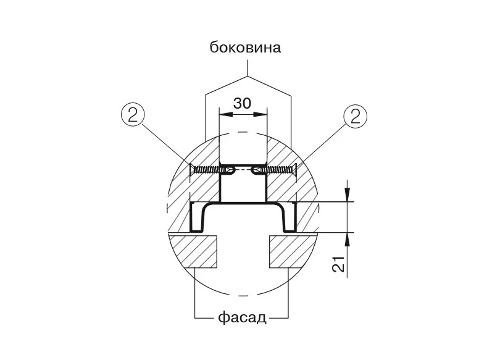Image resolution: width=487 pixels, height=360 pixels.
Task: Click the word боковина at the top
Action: pos(246,48)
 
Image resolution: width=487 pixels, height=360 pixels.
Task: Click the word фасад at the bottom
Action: pos(242,318)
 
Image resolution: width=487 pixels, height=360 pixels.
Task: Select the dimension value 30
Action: pos(242,103)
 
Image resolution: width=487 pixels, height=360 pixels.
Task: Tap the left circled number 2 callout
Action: pos(133,116)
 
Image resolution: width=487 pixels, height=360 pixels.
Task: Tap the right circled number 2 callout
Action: pos(356,116)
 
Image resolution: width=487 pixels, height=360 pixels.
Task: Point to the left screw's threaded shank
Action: pos(209,170)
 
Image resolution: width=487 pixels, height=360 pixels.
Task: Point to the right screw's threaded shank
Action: pos(277,170)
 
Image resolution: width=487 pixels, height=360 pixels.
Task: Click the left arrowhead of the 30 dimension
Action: pos(225,114)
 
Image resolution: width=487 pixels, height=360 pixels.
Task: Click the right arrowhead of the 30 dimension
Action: pos(260,114)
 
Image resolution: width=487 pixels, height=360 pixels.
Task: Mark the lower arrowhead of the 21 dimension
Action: pos(348,239)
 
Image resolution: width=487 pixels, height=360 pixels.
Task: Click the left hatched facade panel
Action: pos(193,251)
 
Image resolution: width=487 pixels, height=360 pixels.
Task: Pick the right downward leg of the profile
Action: pos(289,217)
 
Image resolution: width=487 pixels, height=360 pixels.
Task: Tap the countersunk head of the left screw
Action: pos(191,170)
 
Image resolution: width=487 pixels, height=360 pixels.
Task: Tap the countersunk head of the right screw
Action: pos(294,170)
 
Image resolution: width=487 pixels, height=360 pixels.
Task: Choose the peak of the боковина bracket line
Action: pos(248,76)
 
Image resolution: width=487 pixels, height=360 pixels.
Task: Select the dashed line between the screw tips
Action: pos(243,170)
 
